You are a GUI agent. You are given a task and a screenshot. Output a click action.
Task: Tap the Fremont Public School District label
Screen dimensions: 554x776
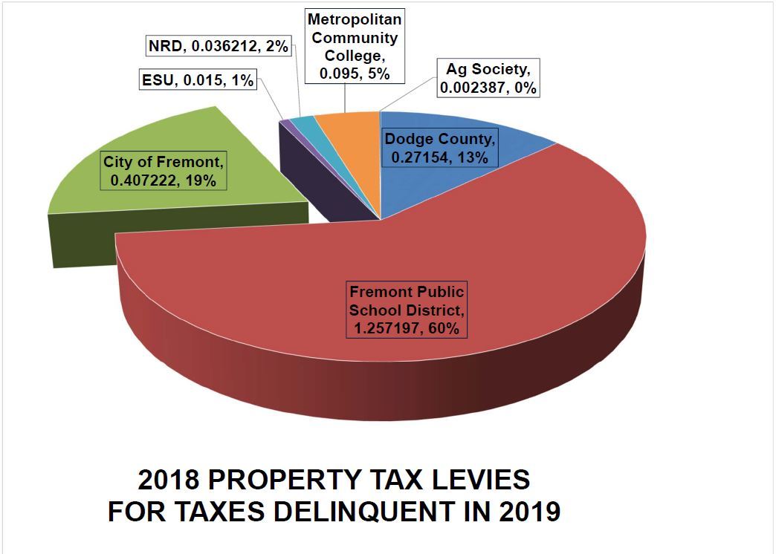pyautogui.click(x=407, y=310)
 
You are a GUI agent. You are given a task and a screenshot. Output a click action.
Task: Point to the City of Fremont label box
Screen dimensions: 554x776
pyautogui.click(x=164, y=170)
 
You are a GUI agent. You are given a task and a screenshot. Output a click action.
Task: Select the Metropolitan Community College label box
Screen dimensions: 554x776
pyautogui.click(x=353, y=46)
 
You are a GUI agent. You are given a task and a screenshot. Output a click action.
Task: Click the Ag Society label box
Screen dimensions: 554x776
pyautogui.click(x=488, y=78)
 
